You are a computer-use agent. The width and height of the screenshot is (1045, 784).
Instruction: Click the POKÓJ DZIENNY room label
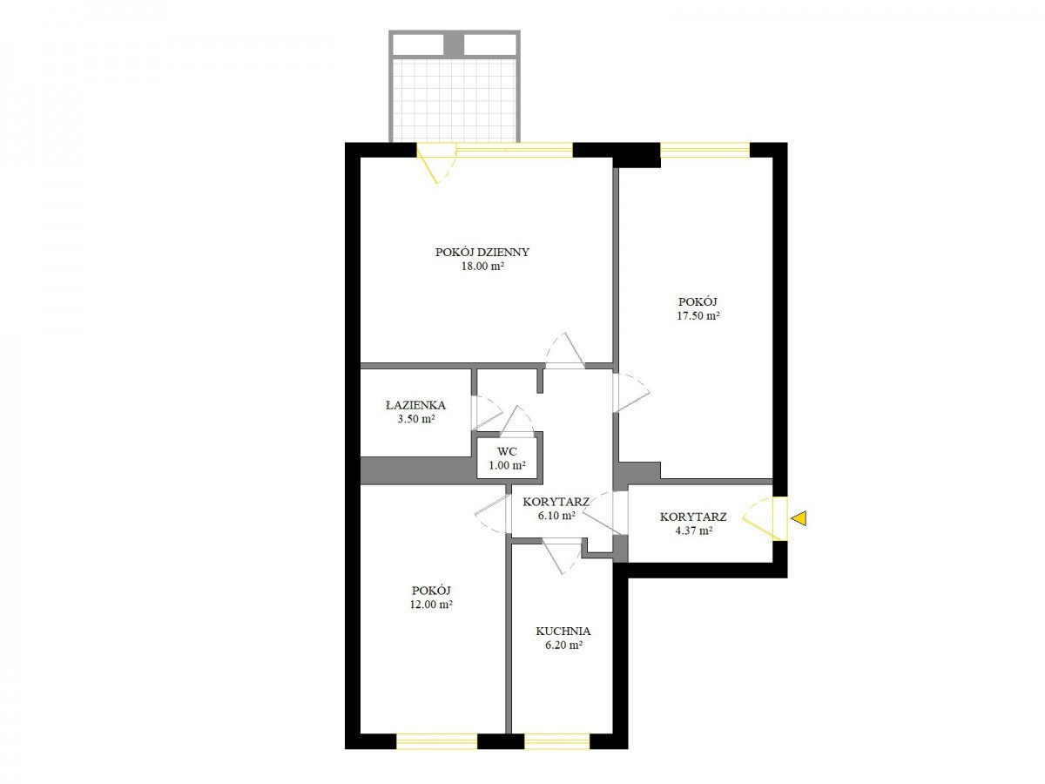click(x=482, y=252)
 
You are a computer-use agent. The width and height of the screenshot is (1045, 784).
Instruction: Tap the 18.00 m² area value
click(x=482, y=266)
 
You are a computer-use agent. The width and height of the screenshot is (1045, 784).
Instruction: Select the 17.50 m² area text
click(x=698, y=315)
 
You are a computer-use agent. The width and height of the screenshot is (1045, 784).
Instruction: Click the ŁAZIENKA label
click(x=415, y=405)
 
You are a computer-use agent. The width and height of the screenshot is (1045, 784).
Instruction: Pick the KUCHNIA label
click(x=563, y=632)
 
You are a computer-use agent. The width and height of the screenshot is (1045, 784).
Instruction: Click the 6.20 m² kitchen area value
click(x=563, y=645)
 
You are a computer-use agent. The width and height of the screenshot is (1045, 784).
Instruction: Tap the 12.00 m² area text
click(x=431, y=605)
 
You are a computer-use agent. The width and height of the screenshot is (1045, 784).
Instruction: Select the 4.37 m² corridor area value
click(x=693, y=531)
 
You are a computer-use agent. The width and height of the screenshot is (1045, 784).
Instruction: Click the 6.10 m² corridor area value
click(x=556, y=515)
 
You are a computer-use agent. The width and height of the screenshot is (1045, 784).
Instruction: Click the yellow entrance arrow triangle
click(x=799, y=518)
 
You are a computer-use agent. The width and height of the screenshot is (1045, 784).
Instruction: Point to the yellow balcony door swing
click(x=437, y=163)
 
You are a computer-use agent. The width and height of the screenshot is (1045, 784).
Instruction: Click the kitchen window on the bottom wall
click(x=556, y=741)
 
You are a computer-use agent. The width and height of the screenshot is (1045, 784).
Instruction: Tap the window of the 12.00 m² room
click(x=436, y=741)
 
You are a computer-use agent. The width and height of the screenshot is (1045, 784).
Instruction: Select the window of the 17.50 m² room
click(x=705, y=150)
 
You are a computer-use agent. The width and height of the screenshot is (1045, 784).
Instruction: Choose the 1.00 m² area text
click(x=507, y=465)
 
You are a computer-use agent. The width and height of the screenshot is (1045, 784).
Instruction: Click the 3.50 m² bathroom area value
click(x=416, y=419)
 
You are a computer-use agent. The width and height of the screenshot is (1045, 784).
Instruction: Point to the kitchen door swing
click(x=563, y=557)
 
